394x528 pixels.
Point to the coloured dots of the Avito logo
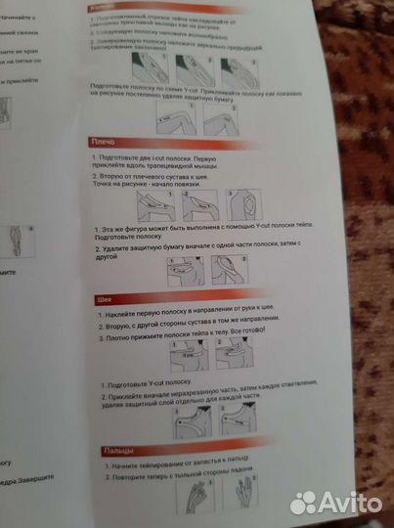305,502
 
